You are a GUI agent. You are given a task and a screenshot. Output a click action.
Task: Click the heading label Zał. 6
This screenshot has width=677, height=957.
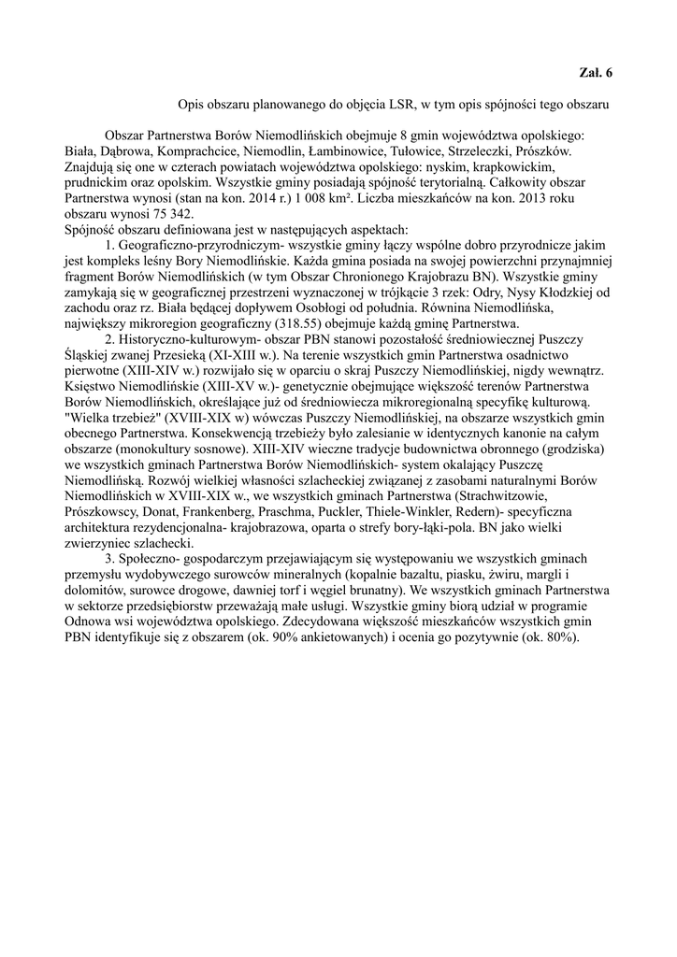[596, 72]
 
